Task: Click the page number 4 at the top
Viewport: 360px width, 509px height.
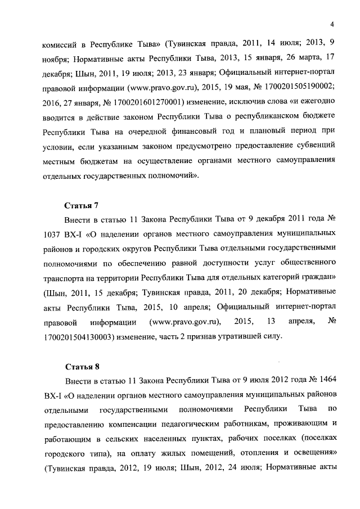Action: point(332,24)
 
